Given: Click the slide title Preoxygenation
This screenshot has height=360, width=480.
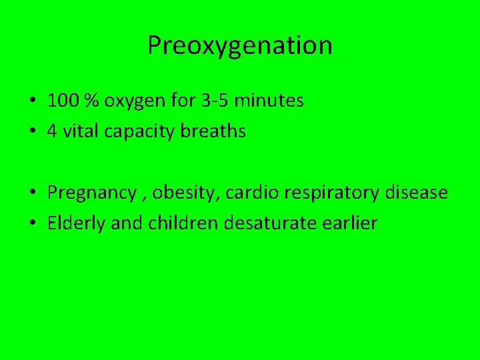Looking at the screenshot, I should point(239,45).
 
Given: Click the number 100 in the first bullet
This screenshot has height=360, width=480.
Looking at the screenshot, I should point(62,101).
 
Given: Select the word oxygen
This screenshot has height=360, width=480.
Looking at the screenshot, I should point(130,101).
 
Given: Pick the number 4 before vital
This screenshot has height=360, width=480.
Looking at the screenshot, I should point(51,131).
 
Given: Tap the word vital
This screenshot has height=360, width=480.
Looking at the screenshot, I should point(75,131).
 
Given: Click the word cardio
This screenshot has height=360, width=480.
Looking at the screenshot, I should point(241,193).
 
